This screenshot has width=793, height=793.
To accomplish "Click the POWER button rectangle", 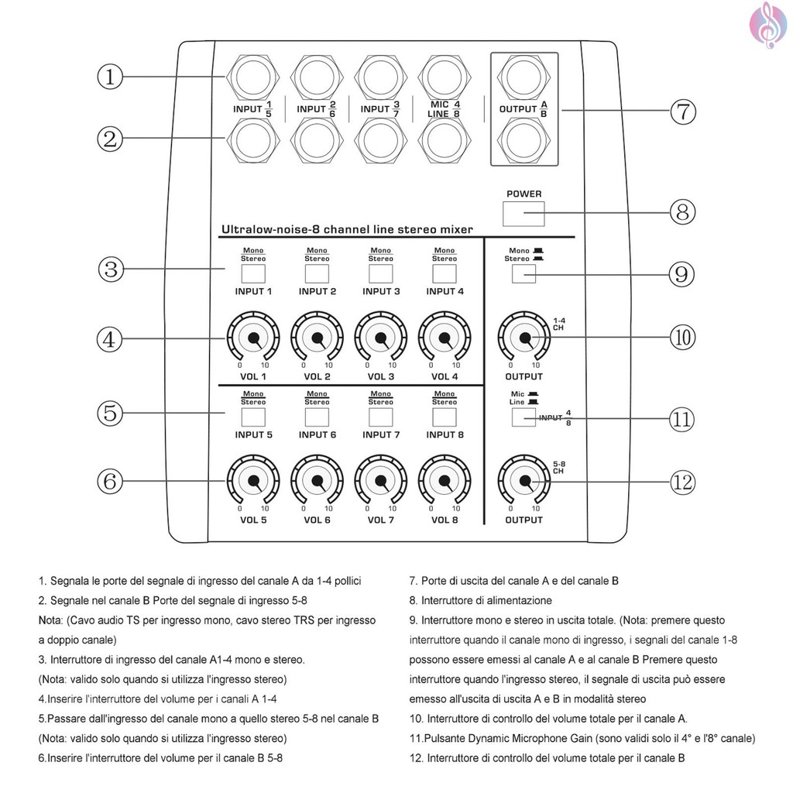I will point(524,213).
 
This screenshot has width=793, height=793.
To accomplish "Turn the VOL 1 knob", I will point(252,338).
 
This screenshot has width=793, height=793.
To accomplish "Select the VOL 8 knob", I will point(445,482).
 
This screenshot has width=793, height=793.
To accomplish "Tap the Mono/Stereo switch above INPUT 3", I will point(380,274).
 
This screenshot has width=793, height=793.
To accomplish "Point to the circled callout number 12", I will point(682,482).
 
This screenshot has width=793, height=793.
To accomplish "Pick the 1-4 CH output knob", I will point(524,338).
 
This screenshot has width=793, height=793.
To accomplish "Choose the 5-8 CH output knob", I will point(524,482).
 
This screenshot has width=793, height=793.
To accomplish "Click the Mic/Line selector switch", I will point(524,417).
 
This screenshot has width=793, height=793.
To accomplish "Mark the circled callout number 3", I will point(111,269).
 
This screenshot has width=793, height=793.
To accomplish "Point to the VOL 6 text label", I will point(317,520).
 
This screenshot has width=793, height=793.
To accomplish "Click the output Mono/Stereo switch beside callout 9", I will point(524,274).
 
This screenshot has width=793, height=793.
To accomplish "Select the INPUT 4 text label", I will point(445,292).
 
